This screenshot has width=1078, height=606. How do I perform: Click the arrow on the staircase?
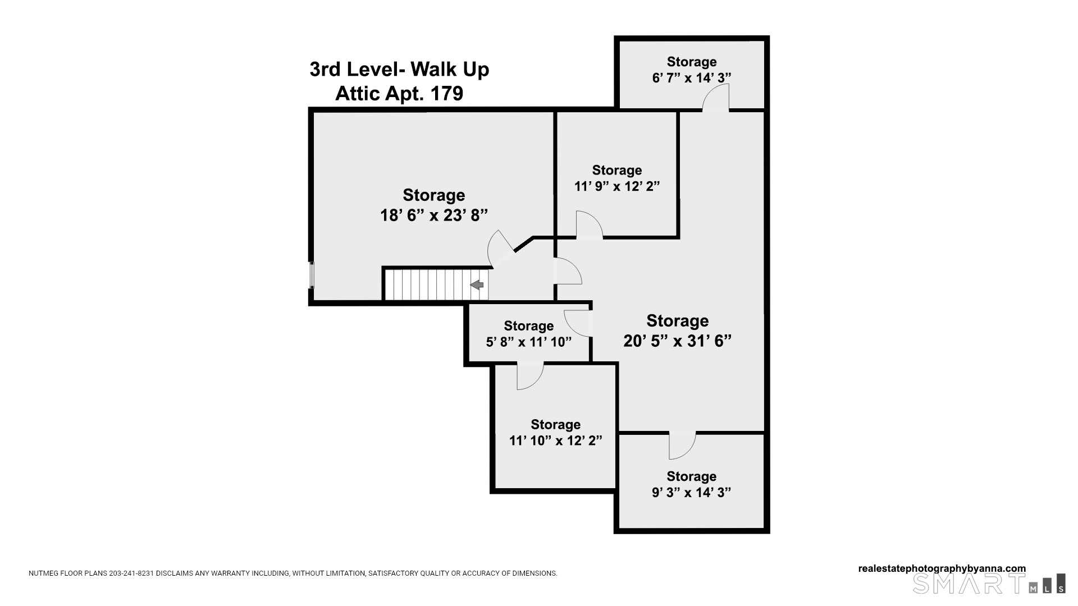[x=477, y=285]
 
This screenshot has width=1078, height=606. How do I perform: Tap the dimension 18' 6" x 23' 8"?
[x=434, y=215]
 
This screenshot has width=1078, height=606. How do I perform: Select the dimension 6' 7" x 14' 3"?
[x=692, y=78]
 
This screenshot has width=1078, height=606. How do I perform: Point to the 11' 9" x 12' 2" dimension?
[x=617, y=186]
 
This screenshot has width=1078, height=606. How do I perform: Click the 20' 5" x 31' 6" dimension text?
[x=678, y=341]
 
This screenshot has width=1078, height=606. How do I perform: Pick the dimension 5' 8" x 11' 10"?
[x=529, y=342]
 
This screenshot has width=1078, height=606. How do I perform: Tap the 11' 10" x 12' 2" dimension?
[x=556, y=440]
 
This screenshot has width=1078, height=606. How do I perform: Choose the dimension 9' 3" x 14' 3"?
[x=692, y=493]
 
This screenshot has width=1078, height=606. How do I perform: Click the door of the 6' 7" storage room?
[x=716, y=98]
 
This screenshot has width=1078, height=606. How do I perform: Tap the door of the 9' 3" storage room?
[x=682, y=446]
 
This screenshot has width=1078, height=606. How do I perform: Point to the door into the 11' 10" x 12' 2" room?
[x=530, y=375]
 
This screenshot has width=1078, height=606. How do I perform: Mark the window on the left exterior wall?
[x=312, y=276]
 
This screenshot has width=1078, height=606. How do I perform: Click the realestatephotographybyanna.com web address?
[x=942, y=568]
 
